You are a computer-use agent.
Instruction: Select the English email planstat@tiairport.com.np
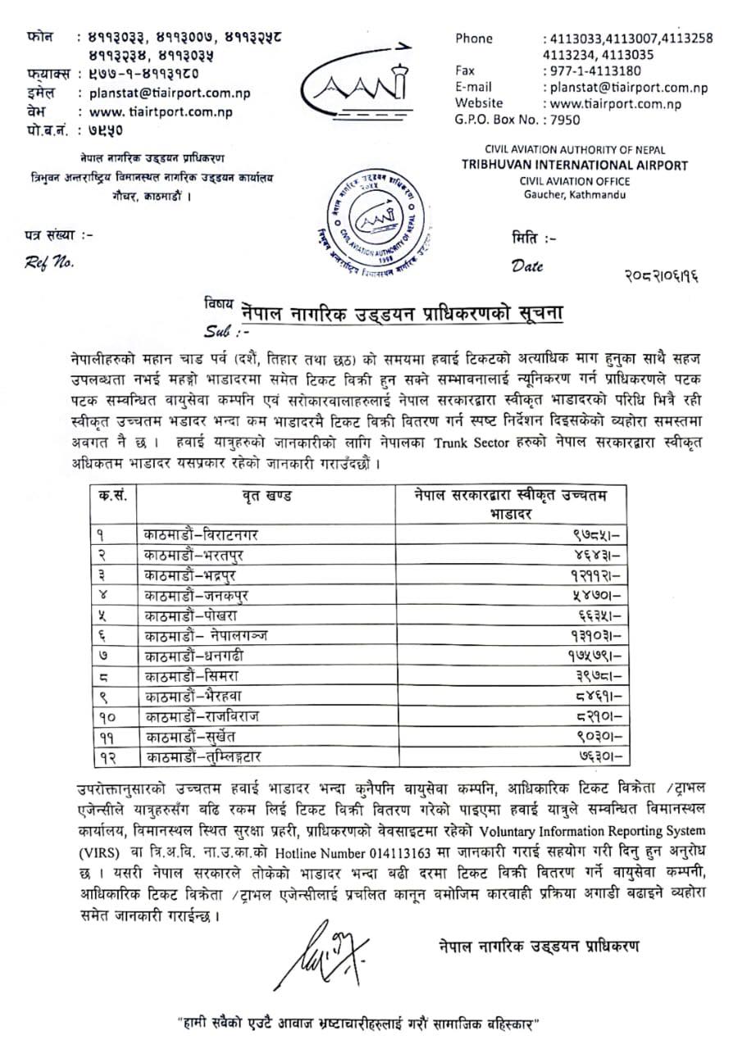point(629,87)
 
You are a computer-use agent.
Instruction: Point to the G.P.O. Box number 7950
point(564,120)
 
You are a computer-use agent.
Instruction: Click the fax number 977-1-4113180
point(593,70)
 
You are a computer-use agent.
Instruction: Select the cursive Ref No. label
point(49,263)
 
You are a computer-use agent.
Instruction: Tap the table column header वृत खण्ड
point(266,497)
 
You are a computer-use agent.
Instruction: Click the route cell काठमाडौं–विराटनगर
point(200,534)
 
